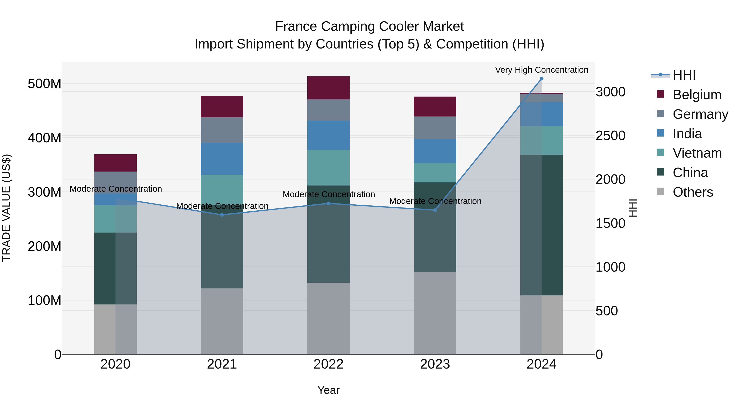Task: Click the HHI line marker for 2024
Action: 541,79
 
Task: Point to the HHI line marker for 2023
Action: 435,210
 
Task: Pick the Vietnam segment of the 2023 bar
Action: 435,173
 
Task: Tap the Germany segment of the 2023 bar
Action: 435,128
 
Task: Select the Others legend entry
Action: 693,192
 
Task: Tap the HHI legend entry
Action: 684,75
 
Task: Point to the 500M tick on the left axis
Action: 45,84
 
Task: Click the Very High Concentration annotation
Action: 541,70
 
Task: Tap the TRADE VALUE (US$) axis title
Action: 6,208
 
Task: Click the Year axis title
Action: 328,390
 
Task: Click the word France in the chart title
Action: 295,27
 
